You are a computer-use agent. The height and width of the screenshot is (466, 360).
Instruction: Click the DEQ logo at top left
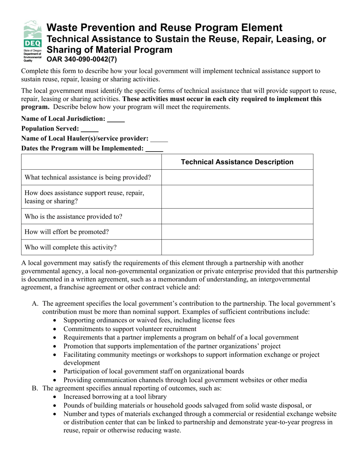[x=32, y=41]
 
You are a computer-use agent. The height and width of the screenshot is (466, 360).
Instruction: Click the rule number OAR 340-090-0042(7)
[x=81, y=59]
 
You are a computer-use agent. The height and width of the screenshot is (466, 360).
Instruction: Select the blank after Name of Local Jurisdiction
[x=116, y=119]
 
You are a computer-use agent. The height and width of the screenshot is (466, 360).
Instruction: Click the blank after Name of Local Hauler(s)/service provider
[x=159, y=139]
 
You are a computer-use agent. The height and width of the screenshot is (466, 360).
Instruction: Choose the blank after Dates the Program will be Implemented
[x=154, y=149]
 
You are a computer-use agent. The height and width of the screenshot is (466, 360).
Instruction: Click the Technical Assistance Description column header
[x=237, y=162]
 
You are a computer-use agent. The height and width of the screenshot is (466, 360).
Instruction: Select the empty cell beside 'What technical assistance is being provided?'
[x=237, y=177]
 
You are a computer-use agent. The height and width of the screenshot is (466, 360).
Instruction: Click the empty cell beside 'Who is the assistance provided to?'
[x=237, y=217]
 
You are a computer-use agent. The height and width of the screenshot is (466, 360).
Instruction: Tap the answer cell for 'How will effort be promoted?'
[x=237, y=232]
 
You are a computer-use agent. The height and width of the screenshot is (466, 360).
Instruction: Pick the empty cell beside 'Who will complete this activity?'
[x=237, y=247]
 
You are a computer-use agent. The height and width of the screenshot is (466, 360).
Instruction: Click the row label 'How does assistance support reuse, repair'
[x=84, y=193]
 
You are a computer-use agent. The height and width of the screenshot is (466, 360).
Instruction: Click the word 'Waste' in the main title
[x=61, y=28]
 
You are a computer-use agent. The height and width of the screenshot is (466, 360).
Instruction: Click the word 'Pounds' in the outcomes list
[x=74, y=405]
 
